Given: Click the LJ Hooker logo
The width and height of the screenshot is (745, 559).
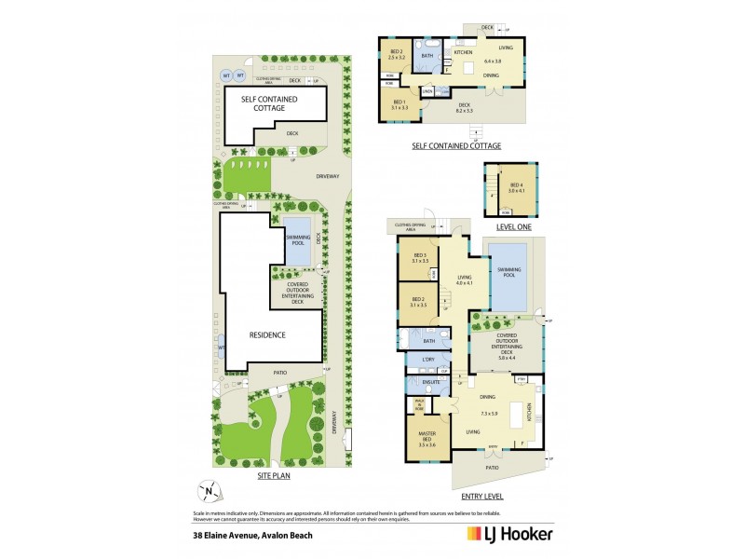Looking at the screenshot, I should tap(508, 535).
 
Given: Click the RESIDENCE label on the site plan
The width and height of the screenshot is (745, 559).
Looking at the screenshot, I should tap(266, 334).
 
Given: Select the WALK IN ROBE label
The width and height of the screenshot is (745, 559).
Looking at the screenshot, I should tap(420, 404).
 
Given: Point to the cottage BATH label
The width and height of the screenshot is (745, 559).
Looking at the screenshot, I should tap(427, 56).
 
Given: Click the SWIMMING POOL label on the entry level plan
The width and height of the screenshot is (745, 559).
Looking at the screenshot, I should tap(508, 271).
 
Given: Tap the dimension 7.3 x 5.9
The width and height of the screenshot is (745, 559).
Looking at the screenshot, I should tap(491, 412).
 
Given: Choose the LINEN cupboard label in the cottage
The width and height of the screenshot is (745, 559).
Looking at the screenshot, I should tap(427, 90).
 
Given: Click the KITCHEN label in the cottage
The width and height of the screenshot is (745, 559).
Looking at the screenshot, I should tap(464, 52).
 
